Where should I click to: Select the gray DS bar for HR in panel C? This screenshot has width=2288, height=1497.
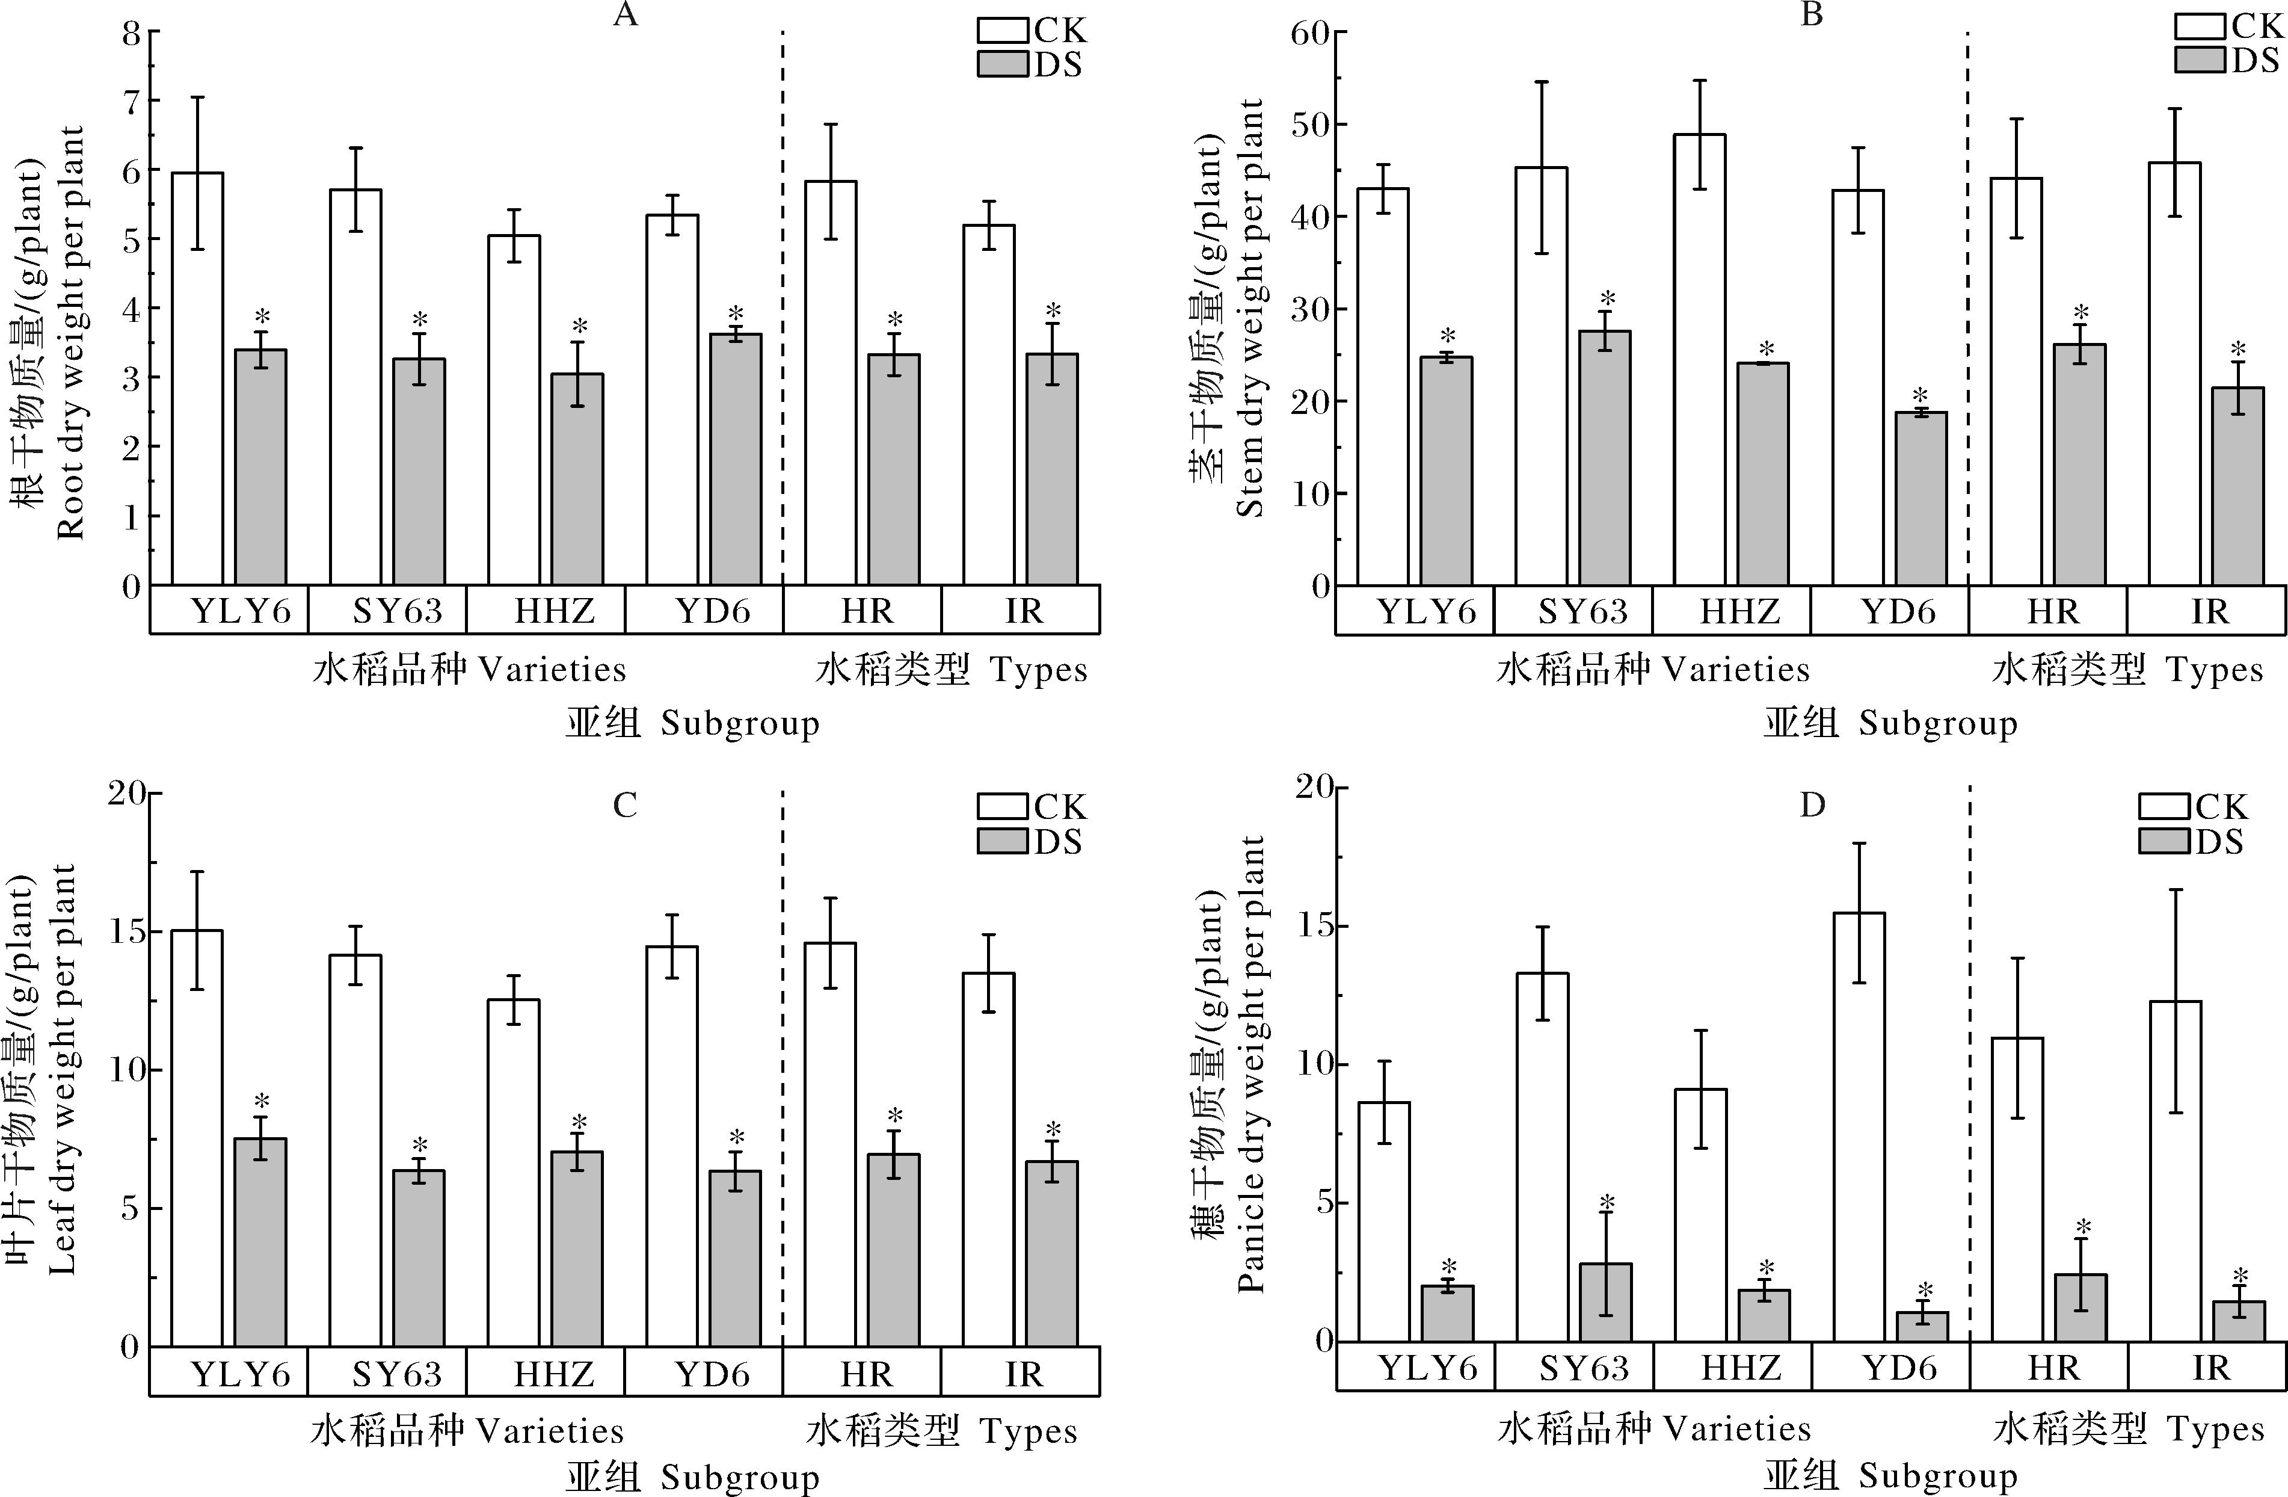point(894,1249)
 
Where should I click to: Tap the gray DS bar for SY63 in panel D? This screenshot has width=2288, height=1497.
point(1605,1302)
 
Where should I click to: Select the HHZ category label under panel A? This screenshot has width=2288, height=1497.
point(555,611)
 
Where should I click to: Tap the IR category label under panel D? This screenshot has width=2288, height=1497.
point(2210,1367)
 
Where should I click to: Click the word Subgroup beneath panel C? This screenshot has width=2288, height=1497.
point(740,1478)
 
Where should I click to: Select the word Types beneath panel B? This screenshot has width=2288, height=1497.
point(2215,670)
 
